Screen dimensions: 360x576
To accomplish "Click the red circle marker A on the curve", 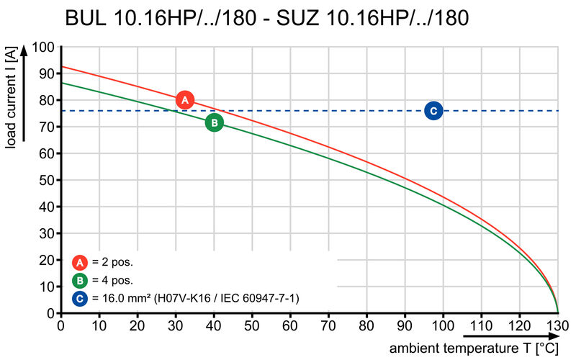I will (x=185, y=100).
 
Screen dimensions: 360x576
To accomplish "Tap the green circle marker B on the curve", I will (x=214, y=122).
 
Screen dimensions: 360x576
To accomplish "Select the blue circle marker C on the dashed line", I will (x=433, y=110).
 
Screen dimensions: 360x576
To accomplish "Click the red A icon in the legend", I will (x=81, y=262).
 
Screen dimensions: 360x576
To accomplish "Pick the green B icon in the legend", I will (x=81, y=280).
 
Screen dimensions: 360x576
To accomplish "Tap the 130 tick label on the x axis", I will (x=557, y=326).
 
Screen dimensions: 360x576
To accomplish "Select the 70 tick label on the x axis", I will (x=329, y=326).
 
